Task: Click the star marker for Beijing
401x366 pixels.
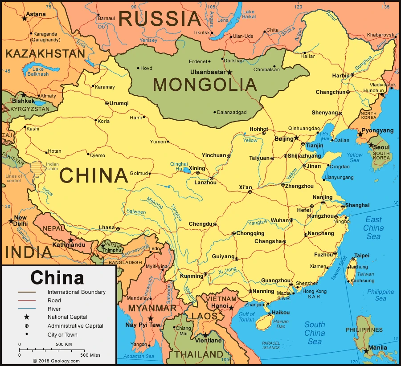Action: coord(296,138)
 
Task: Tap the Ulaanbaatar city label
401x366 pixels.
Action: coord(208,72)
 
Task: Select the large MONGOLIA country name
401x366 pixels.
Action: coord(205,85)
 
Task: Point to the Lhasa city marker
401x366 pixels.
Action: coord(118,229)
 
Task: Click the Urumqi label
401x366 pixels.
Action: coord(119,103)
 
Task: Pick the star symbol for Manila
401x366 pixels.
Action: coord(366,351)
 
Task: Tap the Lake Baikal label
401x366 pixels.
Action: coord(249,14)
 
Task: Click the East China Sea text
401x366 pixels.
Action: coord(373,228)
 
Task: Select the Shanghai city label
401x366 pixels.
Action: coord(357,205)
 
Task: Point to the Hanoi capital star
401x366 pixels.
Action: coord(231,307)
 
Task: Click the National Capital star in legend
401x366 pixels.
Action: coord(27,317)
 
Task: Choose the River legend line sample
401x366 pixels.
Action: coord(27,309)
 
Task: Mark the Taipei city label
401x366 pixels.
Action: coord(361,256)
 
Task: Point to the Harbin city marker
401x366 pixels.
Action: coord(352,75)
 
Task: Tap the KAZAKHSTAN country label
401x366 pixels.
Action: coord(45,54)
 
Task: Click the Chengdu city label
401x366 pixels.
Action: coord(200,224)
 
